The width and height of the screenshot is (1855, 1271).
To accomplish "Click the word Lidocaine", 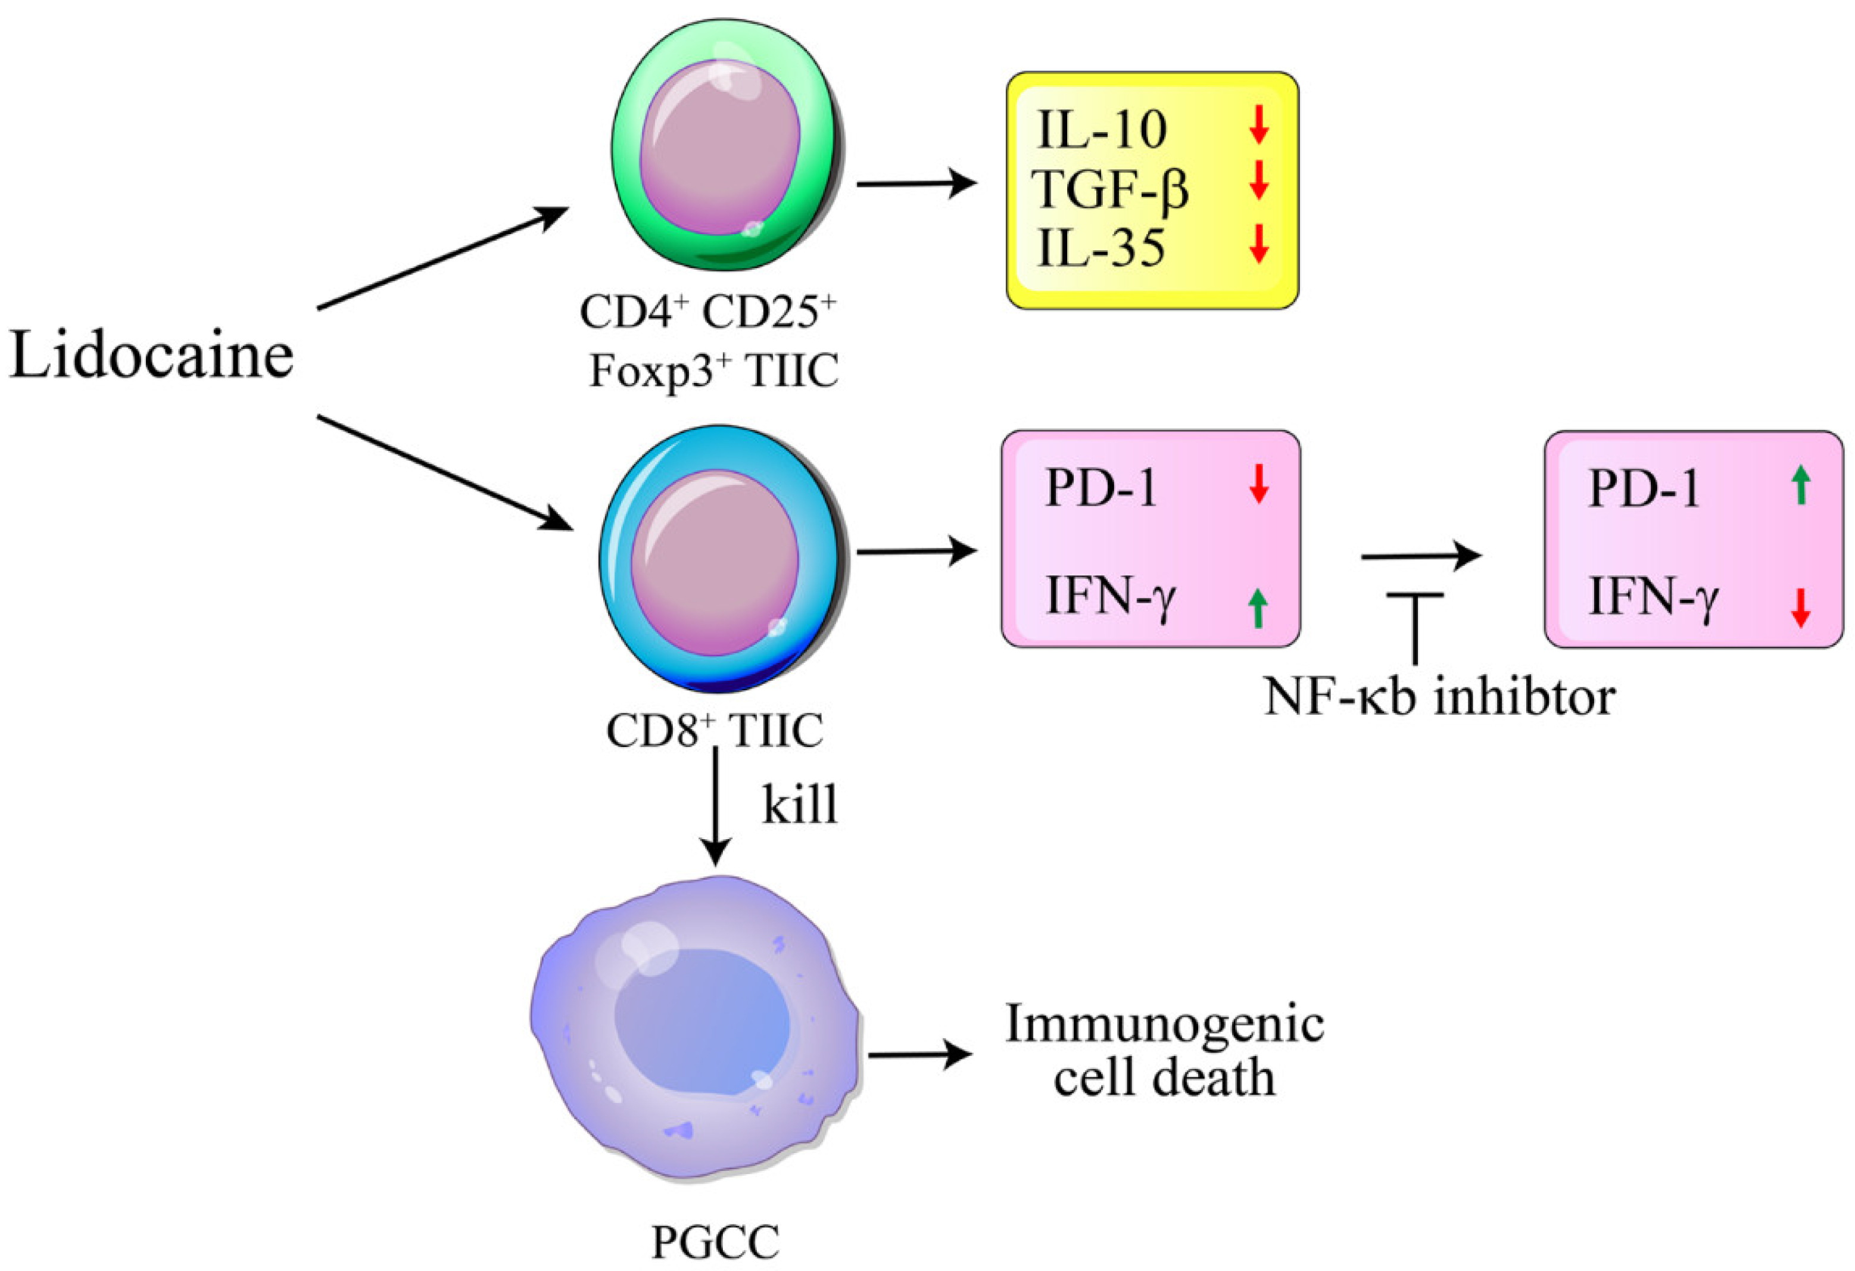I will pos(152,356).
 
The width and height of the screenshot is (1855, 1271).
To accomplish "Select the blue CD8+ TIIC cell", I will pos(718,559).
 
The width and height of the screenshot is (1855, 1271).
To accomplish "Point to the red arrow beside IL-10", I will pos(1259,125).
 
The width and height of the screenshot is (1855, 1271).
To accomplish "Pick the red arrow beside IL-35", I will pos(1259,244).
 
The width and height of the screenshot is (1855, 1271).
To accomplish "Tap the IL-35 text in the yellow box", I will pos(1100,248).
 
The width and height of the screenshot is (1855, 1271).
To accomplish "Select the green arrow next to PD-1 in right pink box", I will pos(1800,485).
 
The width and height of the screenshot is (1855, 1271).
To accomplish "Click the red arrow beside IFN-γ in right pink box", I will pos(1800,608).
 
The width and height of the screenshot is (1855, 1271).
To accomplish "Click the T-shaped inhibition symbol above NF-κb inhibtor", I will pos(1415,627).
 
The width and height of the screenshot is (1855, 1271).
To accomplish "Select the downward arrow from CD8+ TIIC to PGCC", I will pos(715,806).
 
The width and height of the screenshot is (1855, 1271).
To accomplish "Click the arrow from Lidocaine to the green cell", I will pos(443,257).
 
